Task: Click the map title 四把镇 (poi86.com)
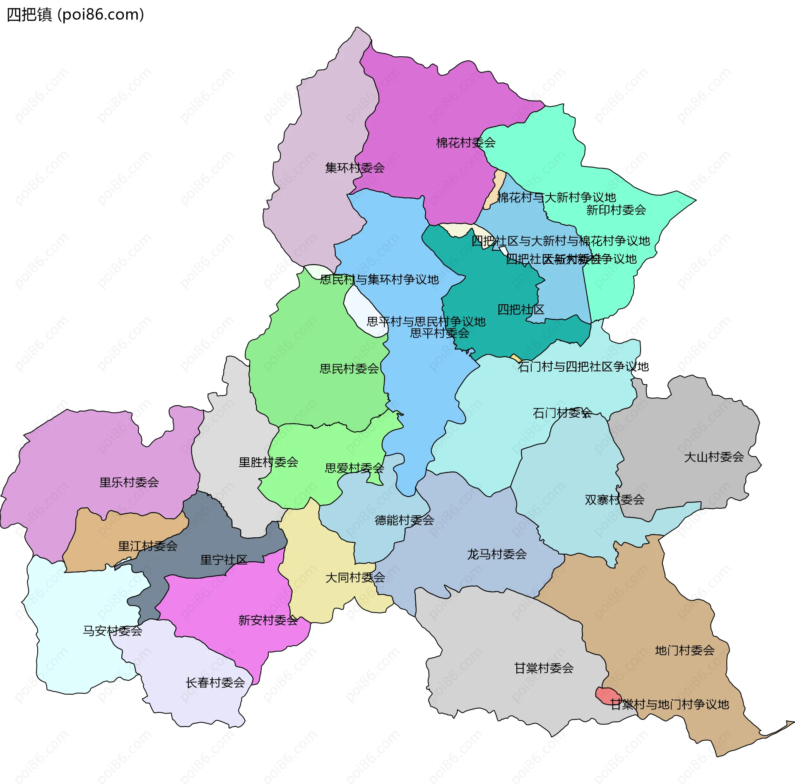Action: point(75,14)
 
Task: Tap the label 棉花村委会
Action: point(465,143)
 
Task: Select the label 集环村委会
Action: point(354,168)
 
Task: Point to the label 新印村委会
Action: point(616,210)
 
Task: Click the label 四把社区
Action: point(520,310)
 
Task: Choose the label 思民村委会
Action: point(349,369)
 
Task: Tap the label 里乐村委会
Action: point(129,482)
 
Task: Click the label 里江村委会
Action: point(147,546)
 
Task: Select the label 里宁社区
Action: point(224,560)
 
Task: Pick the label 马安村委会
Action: point(112,631)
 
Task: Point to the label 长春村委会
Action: point(215,683)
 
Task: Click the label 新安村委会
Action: point(268,620)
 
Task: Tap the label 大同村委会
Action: point(355,577)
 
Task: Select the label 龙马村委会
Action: point(496,554)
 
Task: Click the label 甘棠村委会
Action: point(543,668)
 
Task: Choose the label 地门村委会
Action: point(684,650)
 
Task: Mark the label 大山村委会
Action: point(714,457)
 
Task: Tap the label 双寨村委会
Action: point(614,500)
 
